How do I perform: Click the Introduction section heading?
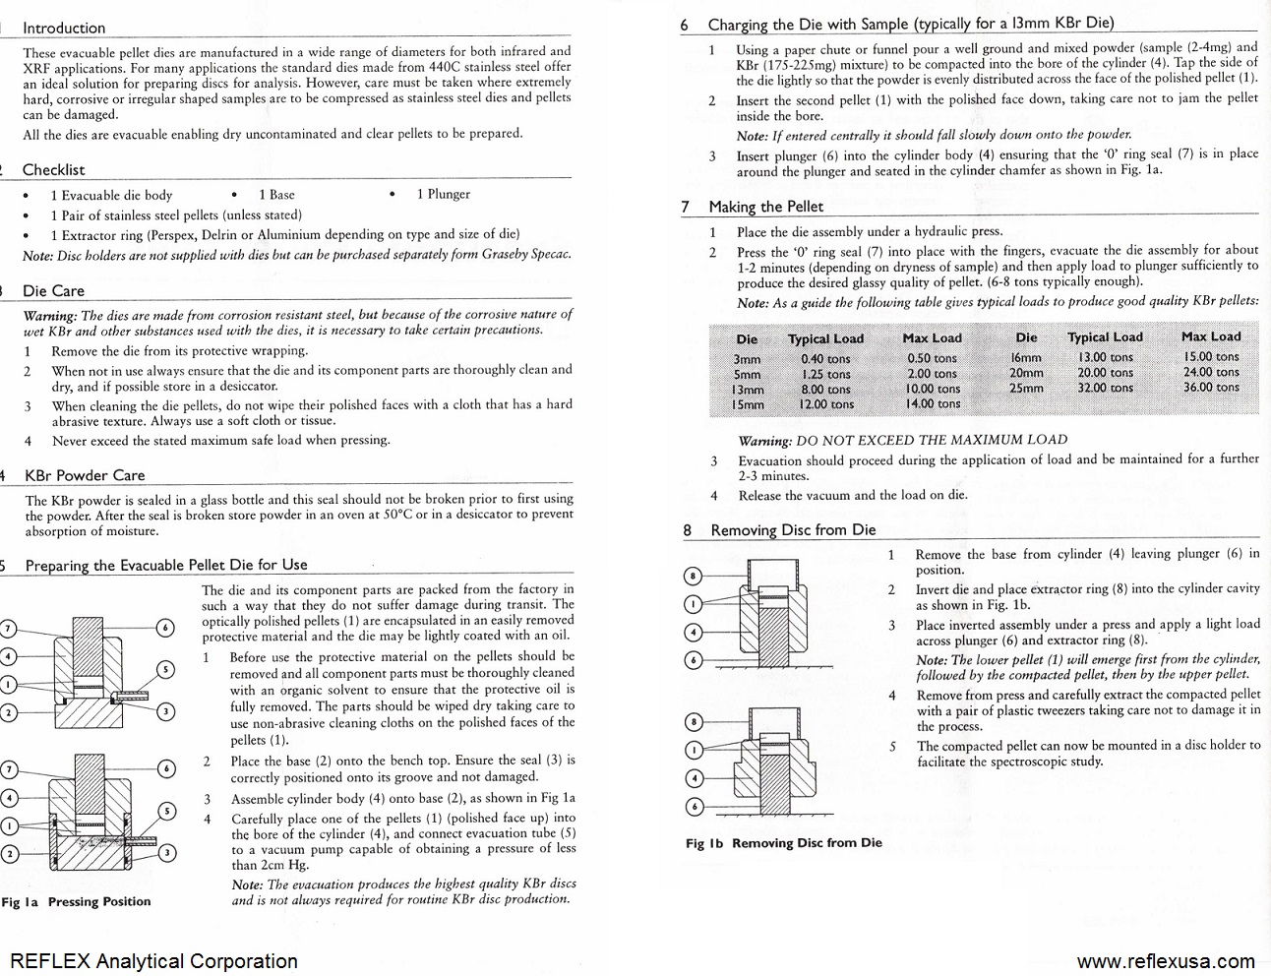(64, 29)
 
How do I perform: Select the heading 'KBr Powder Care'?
(85, 475)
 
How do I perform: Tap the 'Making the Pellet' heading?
(765, 207)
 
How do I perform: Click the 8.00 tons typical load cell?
(825, 390)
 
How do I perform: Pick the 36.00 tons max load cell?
(1211, 387)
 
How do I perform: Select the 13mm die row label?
(748, 390)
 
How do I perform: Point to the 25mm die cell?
(1026, 388)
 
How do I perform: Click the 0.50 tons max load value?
(931, 359)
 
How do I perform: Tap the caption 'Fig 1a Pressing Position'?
(77, 901)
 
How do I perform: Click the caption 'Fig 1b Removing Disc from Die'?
(784, 843)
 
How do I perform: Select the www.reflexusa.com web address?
(1165, 961)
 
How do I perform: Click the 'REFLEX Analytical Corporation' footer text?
(153, 961)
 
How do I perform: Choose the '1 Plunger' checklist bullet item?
(443, 195)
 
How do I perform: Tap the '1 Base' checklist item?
(276, 195)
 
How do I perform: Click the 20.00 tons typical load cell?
(1105, 373)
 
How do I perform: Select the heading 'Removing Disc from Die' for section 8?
(793, 530)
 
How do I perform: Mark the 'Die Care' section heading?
(53, 291)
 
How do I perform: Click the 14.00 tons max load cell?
(931, 403)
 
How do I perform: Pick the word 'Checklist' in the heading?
(53, 170)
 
